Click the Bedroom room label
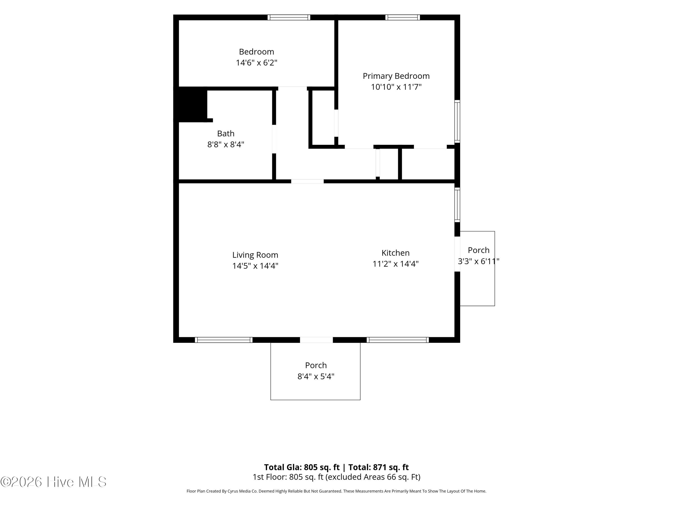(x=256, y=52)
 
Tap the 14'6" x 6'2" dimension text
(x=256, y=63)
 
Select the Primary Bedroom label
(x=396, y=76)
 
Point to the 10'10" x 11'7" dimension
(x=396, y=87)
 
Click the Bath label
(x=226, y=134)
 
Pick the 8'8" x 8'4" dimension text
(x=226, y=145)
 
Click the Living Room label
(x=255, y=255)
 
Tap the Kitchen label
(x=395, y=253)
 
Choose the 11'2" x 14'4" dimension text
(x=395, y=264)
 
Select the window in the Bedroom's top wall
(x=289, y=17)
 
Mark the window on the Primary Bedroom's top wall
(x=402, y=17)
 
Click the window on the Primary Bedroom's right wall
(x=457, y=121)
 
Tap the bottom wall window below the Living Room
(x=224, y=340)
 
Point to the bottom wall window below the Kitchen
(x=398, y=340)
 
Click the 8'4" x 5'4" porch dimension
(x=316, y=377)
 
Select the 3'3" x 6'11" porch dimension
(x=479, y=261)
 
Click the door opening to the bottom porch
(x=316, y=340)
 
